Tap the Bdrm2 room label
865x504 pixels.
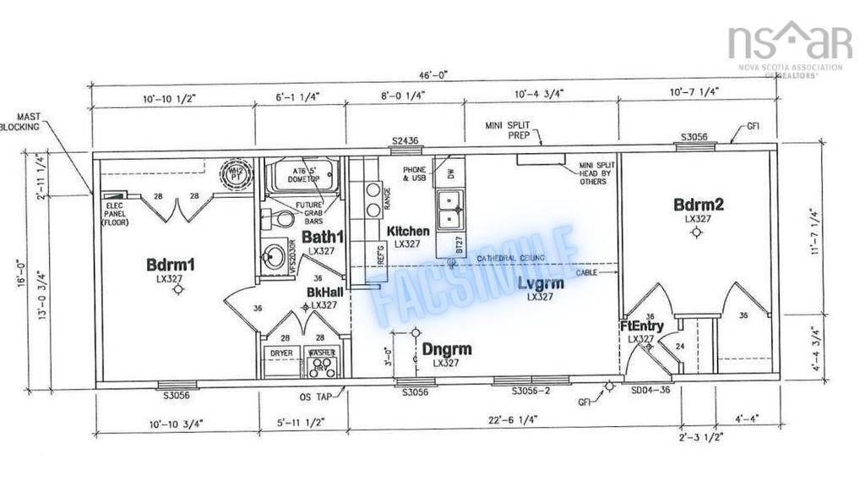tap(699, 205)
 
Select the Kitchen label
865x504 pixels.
tap(408, 232)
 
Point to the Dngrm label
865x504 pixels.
tap(447, 348)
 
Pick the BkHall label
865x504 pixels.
tap(324, 292)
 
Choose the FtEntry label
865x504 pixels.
tap(641, 326)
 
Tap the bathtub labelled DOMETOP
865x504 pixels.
tap(292, 178)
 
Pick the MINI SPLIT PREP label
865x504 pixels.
tap(507, 130)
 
